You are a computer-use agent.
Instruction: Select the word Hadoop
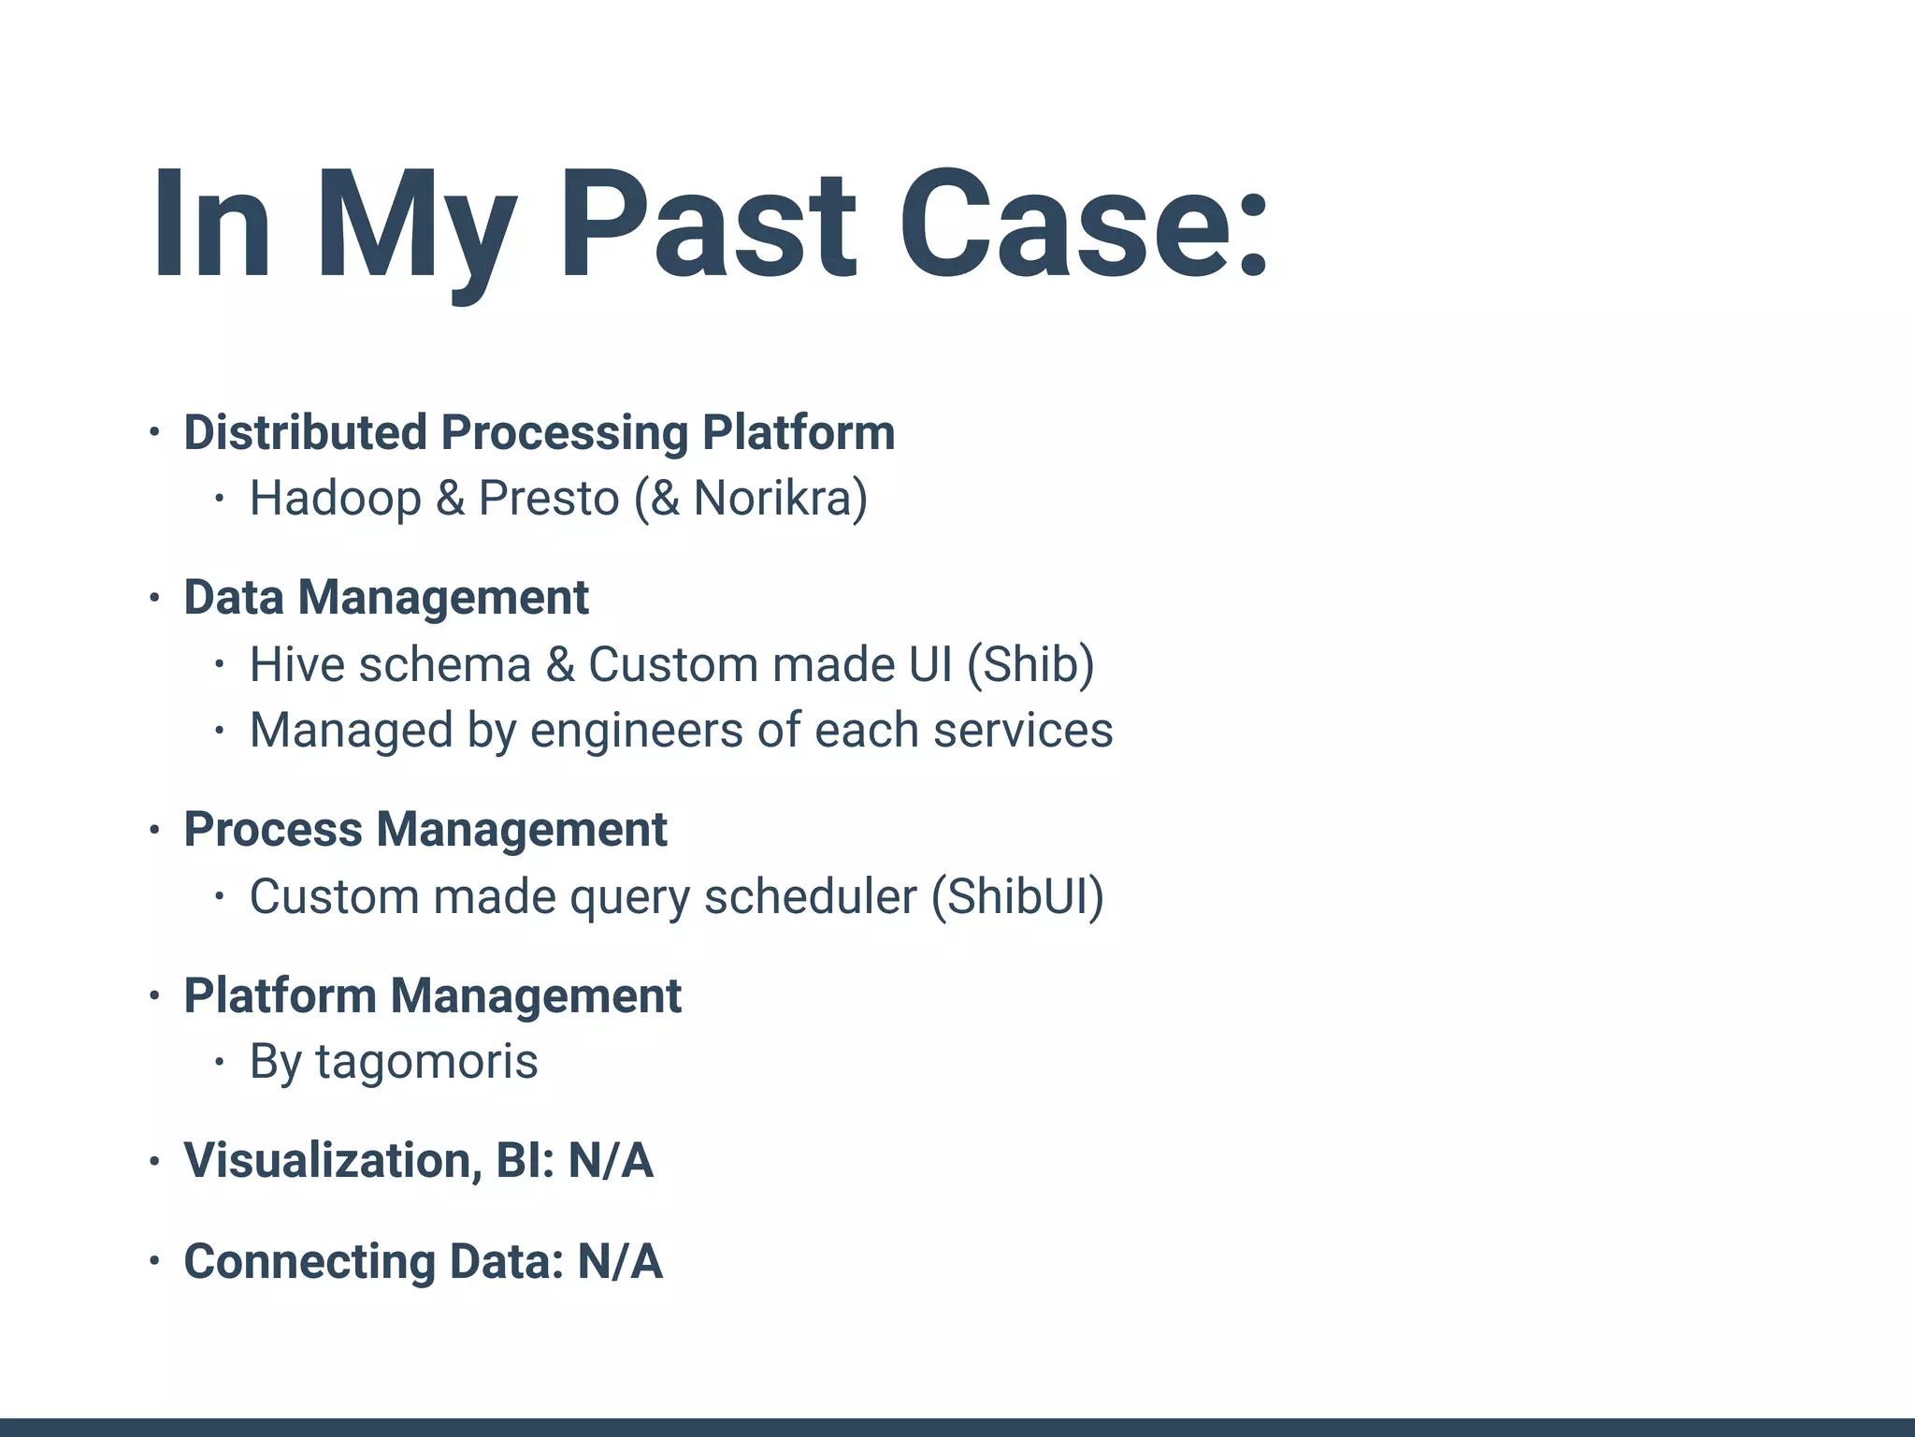pos(335,498)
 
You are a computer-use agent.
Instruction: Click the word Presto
pos(549,498)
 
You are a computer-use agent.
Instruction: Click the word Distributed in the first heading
pos(305,432)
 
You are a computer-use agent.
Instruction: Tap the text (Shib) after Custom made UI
pos(1030,664)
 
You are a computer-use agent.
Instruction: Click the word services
pos(1023,730)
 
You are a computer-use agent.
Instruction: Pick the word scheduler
pos(810,896)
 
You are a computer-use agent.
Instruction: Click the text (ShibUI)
pos(1017,896)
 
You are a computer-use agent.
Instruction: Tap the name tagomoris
pos(426,1061)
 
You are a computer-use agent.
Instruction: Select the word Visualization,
pos(333,1160)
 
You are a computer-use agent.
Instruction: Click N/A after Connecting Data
pos(620,1261)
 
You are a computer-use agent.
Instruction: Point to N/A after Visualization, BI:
pos(611,1160)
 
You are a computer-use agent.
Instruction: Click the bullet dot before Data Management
pos(155,597)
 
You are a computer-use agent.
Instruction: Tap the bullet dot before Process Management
pos(155,829)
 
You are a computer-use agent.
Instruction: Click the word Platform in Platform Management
pos(280,995)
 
